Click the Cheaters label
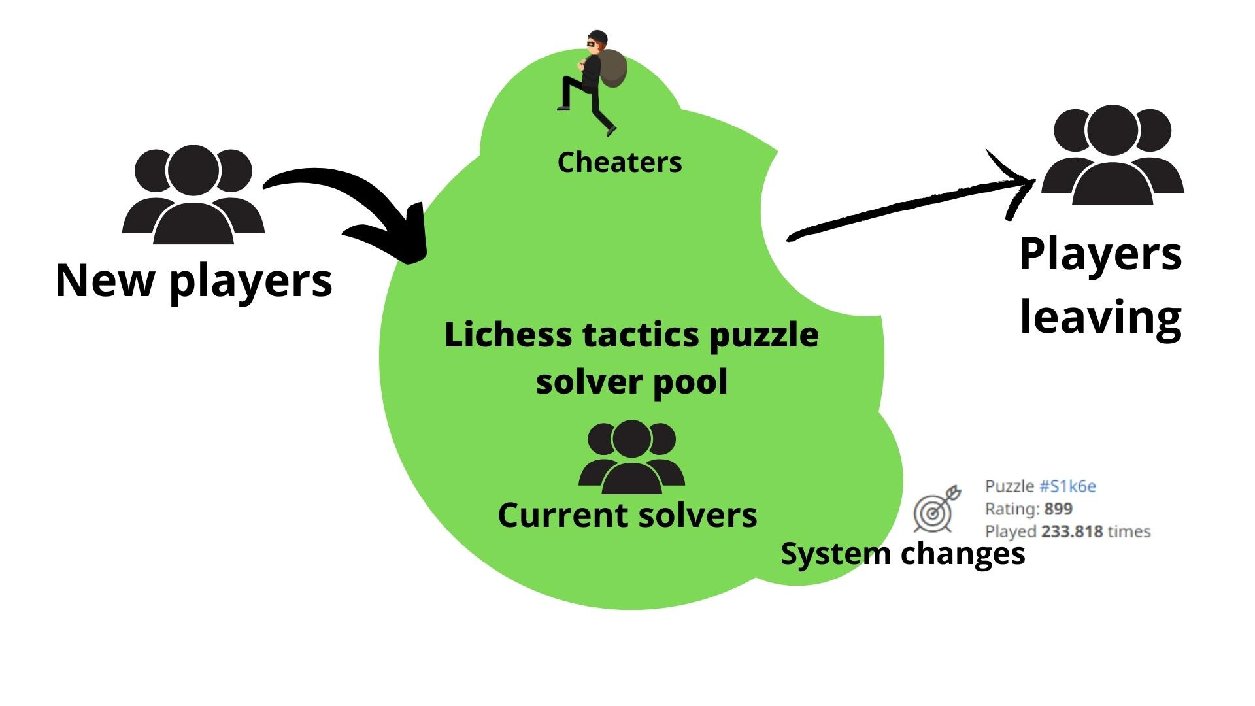click(619, 162)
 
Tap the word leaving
click(1100, 318)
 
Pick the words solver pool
click(631, 381)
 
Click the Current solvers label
click(627, 514)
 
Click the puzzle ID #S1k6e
click(1067, 486)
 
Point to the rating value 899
click(1058, 509)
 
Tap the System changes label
click(903, 554)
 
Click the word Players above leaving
click(1100, 254)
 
